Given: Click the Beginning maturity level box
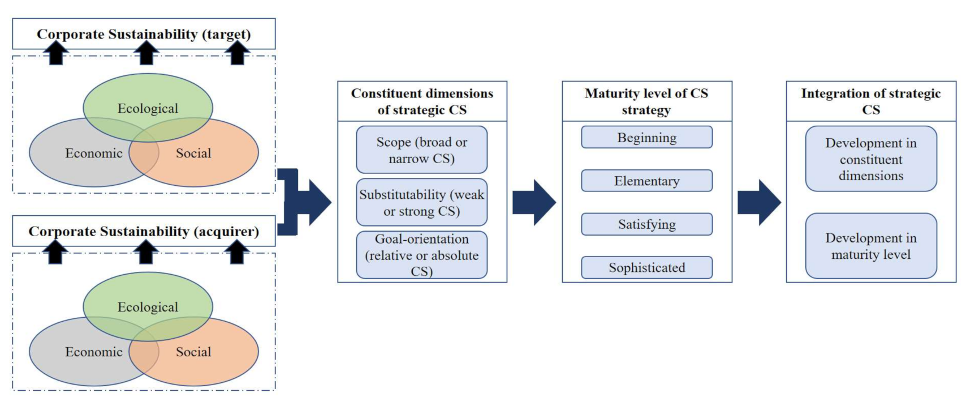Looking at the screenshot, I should point(646,138).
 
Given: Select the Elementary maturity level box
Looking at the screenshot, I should point(646,181).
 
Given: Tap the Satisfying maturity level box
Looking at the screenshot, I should point(646,224).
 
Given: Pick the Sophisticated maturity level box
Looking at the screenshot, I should point(646,267).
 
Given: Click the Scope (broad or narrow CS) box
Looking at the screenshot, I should point(421,150).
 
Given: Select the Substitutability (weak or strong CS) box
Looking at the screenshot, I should point(421,203).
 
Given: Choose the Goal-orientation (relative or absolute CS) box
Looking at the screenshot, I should point(421,255).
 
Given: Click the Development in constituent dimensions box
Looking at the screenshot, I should point(870,159).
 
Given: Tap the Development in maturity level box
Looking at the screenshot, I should point(870,246).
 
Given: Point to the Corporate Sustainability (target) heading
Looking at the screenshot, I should point(144,34).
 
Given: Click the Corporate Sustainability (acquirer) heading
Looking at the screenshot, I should point(144,231).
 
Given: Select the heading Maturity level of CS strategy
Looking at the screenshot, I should point(646,101).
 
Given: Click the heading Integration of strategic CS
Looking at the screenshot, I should point(870,101).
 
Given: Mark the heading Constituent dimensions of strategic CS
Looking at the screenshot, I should point(422,101).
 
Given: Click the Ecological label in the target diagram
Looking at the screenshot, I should point(148,108).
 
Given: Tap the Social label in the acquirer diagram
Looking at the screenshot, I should point(193,352).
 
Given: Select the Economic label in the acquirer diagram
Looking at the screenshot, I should point(93,352).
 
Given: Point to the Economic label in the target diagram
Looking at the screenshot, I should point(93,153).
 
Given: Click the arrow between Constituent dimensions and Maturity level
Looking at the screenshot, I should point(534,203).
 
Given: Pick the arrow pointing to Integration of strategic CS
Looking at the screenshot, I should point(759,203).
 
